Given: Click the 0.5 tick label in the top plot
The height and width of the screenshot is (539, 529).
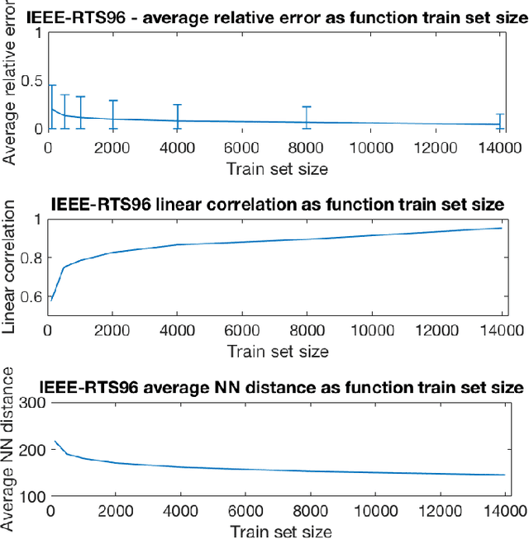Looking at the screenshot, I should coord(30,80).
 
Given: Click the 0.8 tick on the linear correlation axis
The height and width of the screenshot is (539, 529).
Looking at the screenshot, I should coord(30,258).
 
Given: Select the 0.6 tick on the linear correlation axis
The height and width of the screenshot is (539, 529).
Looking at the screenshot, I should coord(30,296).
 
